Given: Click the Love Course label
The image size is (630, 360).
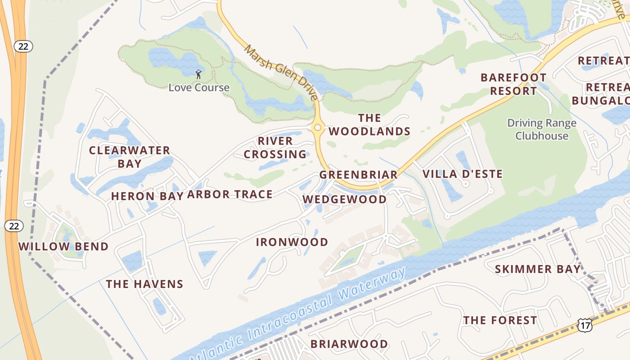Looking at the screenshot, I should click(199, 87).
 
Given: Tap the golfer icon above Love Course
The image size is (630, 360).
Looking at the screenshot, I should click(198, 74).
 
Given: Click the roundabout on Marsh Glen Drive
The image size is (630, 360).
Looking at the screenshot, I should click(318, 128).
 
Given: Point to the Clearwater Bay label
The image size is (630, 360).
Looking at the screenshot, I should click(130, 157).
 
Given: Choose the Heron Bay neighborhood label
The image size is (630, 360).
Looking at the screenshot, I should click(147, 196).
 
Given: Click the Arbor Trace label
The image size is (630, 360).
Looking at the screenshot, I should click(230, 194).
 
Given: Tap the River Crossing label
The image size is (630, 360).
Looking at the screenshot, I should click(275, 148).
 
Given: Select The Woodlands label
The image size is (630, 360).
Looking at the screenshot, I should click(369, 125).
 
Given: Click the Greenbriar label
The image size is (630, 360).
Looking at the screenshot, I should click(358, 175).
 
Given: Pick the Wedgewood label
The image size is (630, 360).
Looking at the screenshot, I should click(344, 199).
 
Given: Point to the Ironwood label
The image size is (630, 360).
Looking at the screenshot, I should click(292, 242).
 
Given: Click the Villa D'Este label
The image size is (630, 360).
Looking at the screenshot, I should click(463, 174).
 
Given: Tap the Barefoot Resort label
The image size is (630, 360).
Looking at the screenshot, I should click(513, 84).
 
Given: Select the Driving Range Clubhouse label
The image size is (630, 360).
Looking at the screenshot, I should click(542, 129).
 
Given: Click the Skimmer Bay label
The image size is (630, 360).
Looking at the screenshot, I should click(537, 270).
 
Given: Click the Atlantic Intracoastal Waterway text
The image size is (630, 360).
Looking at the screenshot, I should click(297, 315).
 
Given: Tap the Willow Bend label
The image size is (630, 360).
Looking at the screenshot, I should click(63, 247).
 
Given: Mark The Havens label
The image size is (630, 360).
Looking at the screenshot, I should click(144, 284).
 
